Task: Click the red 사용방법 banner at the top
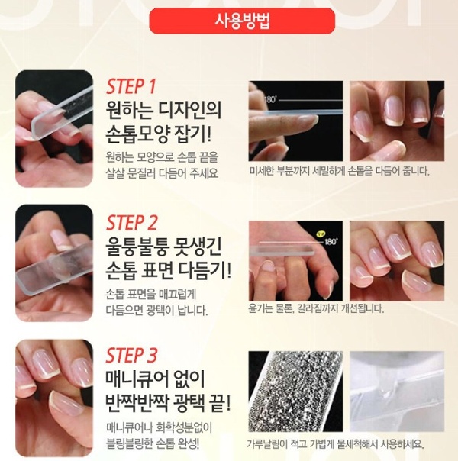[x=242, y=21]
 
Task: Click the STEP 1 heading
[x=131, y=86]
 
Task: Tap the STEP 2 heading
[x=132, y=223]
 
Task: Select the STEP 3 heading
[x=132, y=355]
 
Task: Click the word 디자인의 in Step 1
[x=190, y=110]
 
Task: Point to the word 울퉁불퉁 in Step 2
[x=137, y=247]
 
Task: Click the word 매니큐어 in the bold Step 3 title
[x=137, y=379]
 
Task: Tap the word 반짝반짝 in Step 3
[x=137, y=403]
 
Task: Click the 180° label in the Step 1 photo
[x=270, y=99]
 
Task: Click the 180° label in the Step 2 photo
[x=331, y=242]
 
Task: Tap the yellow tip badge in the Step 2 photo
[x=320, y=234]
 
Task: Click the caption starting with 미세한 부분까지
[x=339, y=171]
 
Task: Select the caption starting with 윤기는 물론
[x=316, y=308]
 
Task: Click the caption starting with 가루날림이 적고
[x=335, y=443]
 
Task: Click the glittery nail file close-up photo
[x=295, y=392]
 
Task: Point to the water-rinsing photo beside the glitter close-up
[x=397, y=392]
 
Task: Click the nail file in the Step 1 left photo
[x=62, y=113]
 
